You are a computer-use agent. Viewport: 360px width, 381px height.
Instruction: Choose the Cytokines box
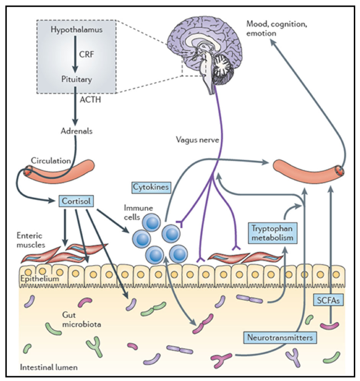(150, 186)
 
